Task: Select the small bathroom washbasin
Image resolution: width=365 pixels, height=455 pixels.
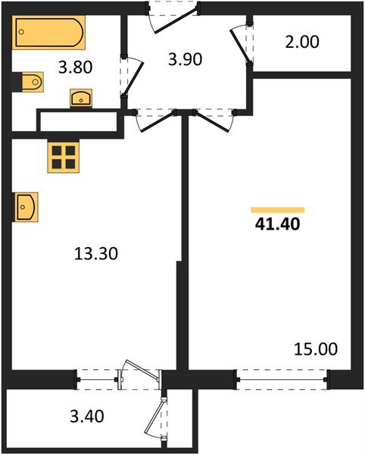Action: [x=81, y=98]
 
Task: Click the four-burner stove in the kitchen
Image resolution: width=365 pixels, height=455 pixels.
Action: [x=63, y=157]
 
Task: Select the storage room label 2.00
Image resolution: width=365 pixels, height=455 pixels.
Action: [x=303, y=42]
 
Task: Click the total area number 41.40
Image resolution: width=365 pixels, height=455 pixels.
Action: [x=276, y=224]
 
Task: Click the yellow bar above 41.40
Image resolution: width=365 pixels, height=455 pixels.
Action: [x=277, y=209]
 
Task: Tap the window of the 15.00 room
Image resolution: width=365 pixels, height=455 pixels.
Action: [x=282, y=375]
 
